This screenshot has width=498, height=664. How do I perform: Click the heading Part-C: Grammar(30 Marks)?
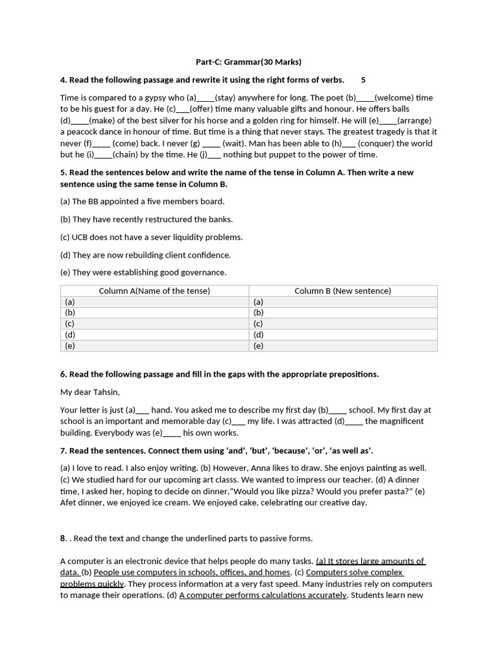[x=248, y=62]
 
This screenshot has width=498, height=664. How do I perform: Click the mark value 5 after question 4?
[x=363, y=80]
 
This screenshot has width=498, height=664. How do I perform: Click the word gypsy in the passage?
[x=148, y=98]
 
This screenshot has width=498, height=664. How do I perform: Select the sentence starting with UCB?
[x=151, y=237]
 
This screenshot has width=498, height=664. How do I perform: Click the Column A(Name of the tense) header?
[x=154, y=291]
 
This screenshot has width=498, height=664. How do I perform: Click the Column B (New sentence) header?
[x=342, y=291]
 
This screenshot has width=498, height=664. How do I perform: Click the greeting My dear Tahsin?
[x=90, y=392]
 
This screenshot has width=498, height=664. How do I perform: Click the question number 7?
[x=64, y=451]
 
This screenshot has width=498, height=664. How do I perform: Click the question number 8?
[x=64, y=538]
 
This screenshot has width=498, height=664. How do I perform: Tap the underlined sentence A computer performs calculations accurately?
[x=263, y=595]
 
